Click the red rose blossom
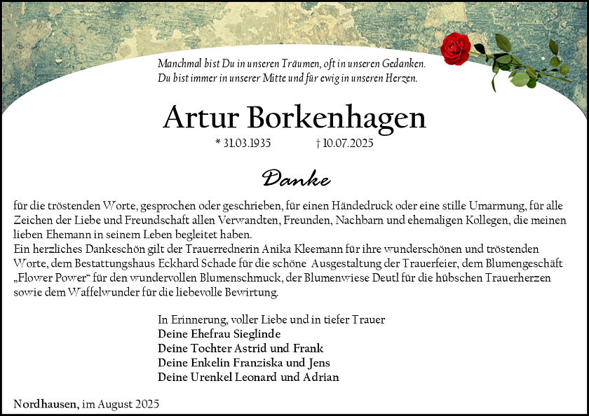[x=455, y=48]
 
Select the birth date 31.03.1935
[x=246, y=144]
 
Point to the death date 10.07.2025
[x=348, y=144]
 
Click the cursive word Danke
[x=296, y=179]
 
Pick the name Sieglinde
[x=256, y=333]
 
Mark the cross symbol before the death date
[x=318, y=144]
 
